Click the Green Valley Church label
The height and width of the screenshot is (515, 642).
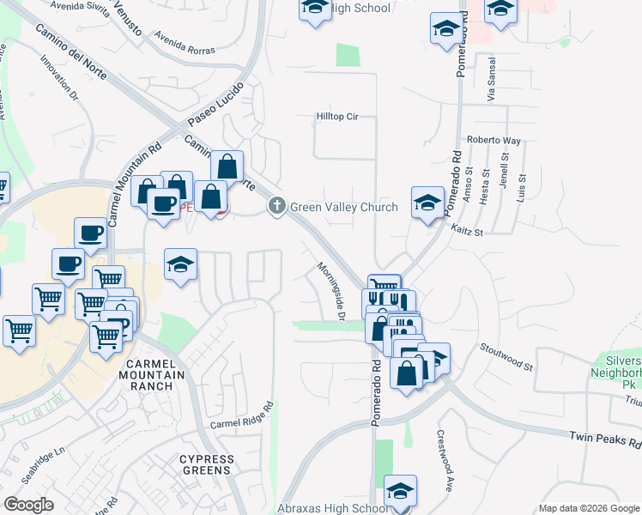(344, 207)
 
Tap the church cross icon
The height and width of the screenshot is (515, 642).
(276, 206)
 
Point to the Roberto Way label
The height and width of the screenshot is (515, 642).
(494, 140)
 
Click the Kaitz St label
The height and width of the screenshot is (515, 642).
(468, 231)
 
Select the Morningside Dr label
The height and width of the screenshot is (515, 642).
(330, 293)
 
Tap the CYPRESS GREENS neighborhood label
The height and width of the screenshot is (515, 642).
(205, 464)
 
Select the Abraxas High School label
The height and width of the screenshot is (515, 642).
(335, 509)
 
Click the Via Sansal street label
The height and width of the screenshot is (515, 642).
(492, 80)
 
